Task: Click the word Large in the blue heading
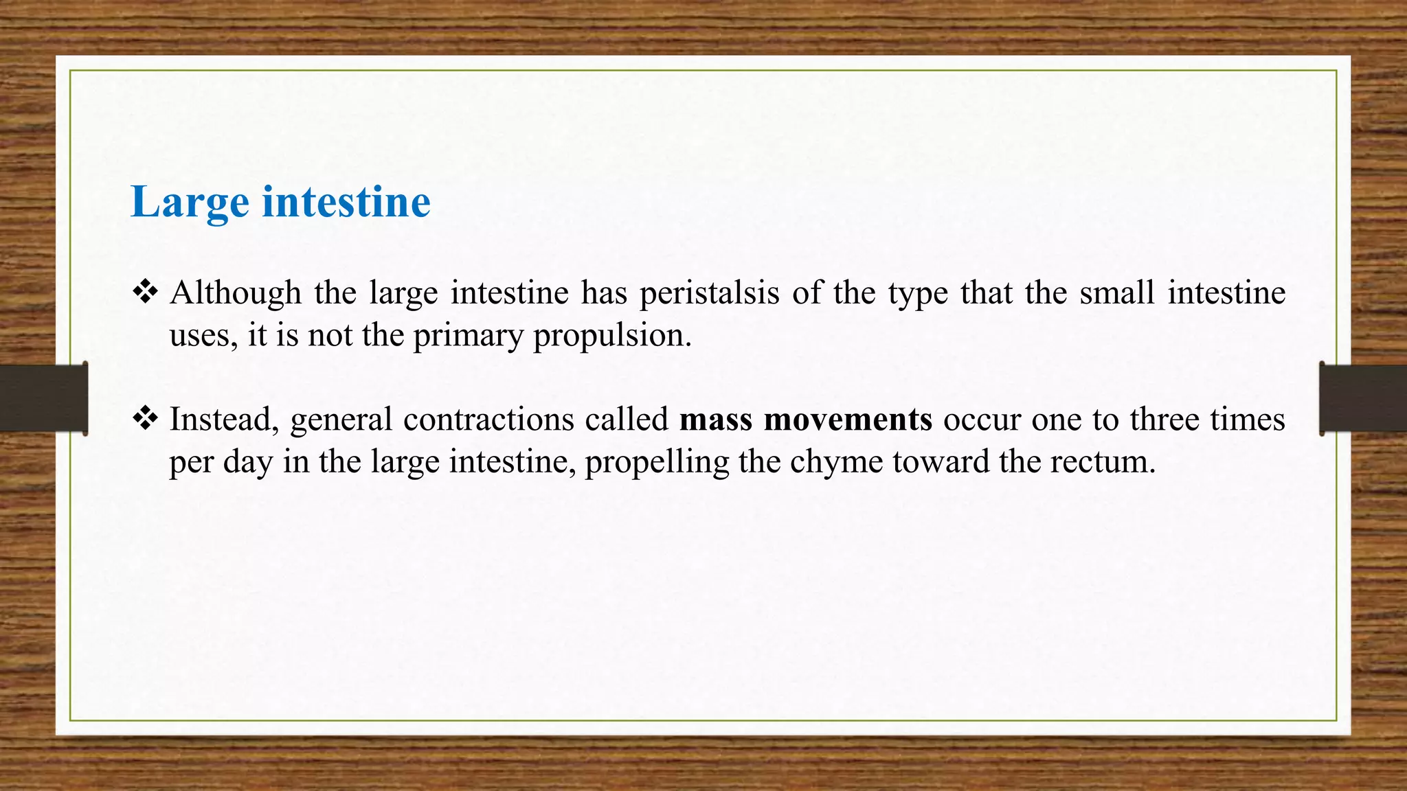pyautogui.click(x=190, y=203)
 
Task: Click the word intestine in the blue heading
pyautogui.click(x=346, y=203)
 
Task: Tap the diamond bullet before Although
pyautogui.click(x=145, y=293)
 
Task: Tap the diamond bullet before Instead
pyautogui.click(x=145, y=419)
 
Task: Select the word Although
pyautogui.click(x=236, y=293)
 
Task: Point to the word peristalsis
pyautogui.click(x=710, y=293)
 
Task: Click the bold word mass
pyautogui.click(x=716, y=420)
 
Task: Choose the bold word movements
pyautogui.click(x=848, y=420)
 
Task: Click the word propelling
pyautogui.click(x=657, y=462)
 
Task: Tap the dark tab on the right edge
pyautogui.click(x=1363, y=398)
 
